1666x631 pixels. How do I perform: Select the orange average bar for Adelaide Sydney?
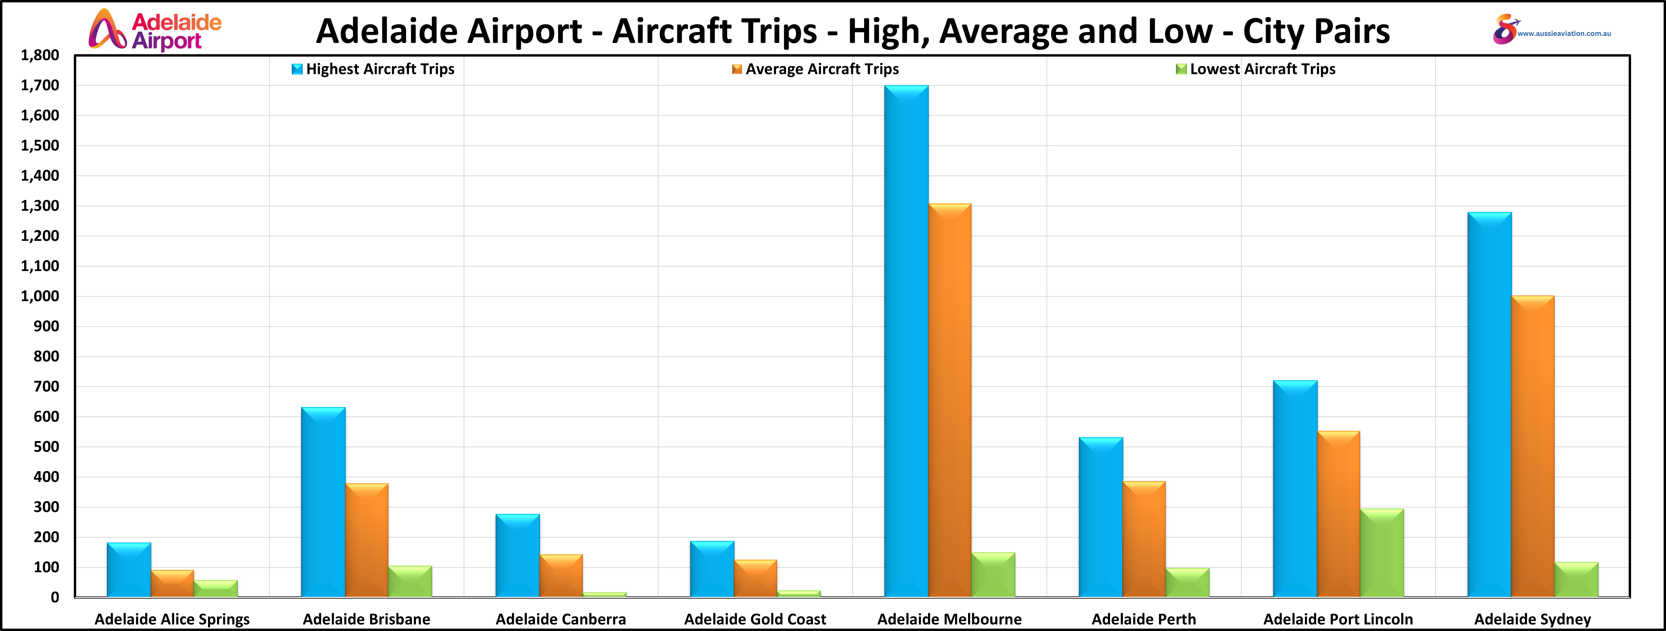pos(1532,446)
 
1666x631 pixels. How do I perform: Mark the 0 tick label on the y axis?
pos(55,597)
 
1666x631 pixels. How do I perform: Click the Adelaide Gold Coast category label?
pos(755,619)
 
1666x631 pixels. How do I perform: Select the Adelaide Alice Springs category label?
pos(172,619)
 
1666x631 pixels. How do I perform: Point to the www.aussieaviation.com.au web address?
pos(1564,34)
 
